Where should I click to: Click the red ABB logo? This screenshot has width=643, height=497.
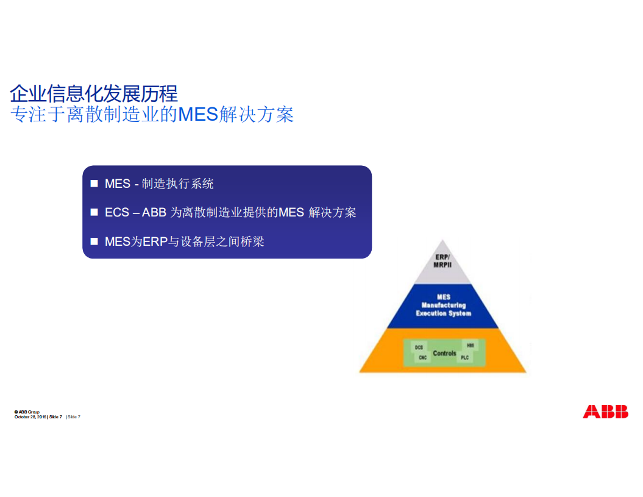pos(605,412)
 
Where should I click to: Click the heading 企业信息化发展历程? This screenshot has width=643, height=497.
pos(94,93)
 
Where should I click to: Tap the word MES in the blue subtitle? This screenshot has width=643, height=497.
pos(198,114)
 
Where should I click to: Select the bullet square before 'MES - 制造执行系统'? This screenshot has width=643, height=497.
pos(94,184)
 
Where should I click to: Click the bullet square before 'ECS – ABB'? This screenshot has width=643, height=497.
pos(94,212)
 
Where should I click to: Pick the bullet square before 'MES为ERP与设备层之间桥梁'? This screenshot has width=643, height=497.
pos(94,241)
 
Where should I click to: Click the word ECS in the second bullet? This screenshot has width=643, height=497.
pos(116,213)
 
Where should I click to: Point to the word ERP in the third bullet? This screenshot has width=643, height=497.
pos(155,241)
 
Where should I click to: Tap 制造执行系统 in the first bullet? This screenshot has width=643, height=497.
pos(177,184)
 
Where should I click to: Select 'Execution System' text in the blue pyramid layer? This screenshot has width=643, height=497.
pos(443,313)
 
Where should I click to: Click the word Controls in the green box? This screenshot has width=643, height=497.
pos(444,353)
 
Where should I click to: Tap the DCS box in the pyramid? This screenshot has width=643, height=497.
pos(419,347)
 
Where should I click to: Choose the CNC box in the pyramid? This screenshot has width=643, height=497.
pos(422,358)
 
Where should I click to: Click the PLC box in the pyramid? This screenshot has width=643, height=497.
pos(465,358)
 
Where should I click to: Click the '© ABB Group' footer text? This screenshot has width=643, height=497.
pos(27,412)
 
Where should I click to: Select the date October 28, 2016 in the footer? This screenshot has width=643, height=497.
pos(30,417)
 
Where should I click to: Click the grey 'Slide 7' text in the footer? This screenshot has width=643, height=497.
pos(74,417)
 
